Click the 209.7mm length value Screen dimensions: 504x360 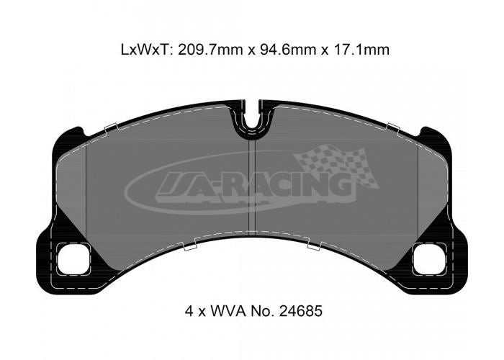(x=212, y=50)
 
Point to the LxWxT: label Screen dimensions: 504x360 (x=148, y=50)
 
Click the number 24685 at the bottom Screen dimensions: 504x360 (x=301, y=311)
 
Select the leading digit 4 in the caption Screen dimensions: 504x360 (x=189, y=311)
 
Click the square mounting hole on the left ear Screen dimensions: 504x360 (x=73, y=259)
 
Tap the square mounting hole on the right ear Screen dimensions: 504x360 (x=429, y=259)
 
